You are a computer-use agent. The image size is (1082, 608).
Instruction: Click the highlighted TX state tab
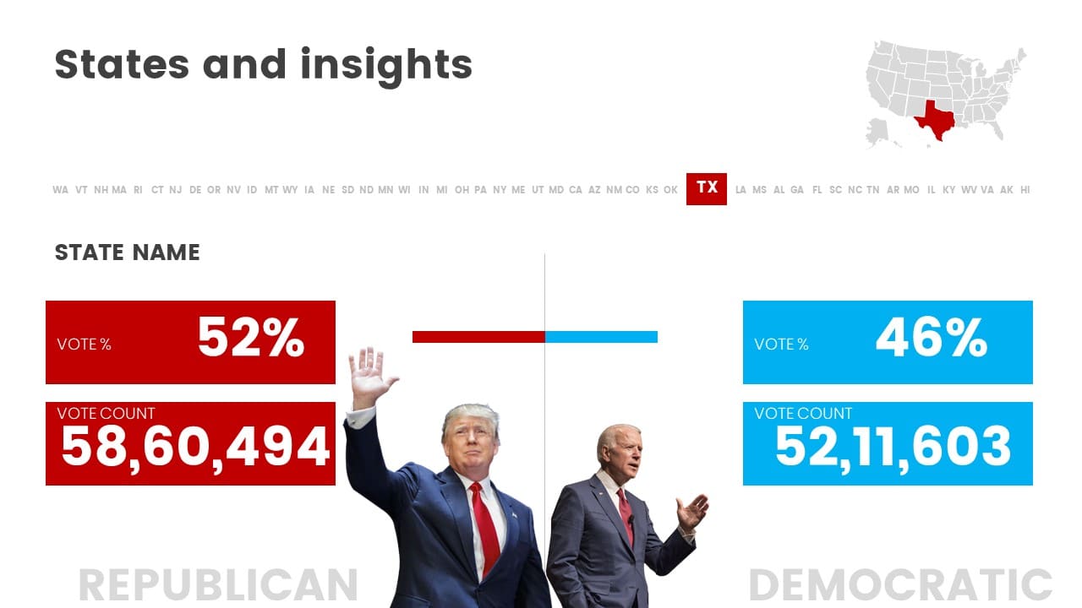pyautogui.click(x=706, y=188)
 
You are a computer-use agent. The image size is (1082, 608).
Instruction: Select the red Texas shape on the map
pyautogui.click(x=935, y=121)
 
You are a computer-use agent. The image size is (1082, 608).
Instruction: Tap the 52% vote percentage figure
pyautogui.click(x=251, y=337)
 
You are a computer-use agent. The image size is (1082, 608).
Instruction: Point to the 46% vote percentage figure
pyautogui.click(x=932, y=337)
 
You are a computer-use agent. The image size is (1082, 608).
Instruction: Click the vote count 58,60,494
pyautogui.click(x=195, y=448)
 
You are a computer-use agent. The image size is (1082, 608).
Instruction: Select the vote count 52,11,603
pyautogui.click(x=893, y=448)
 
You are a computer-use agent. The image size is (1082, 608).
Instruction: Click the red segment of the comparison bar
pyautogui.click(x=478, y=337)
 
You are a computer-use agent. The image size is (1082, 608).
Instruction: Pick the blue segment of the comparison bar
pyautogui.click(x=601, y=337)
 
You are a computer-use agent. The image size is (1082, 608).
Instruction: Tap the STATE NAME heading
pyautogui.click(x=127, y=252)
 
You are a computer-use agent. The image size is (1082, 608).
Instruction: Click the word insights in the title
pyautogui.click(x=386, y=66)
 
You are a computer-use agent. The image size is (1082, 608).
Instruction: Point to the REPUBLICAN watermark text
pyautogui.click(x=218, y=585)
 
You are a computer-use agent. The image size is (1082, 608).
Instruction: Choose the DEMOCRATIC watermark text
pyautogui.click(x=900, y=585)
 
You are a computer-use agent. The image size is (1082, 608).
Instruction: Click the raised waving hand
pyautogui.click(x=371, y=377)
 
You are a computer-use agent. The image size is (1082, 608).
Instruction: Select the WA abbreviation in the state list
pyautogui.click(x=60, y=190)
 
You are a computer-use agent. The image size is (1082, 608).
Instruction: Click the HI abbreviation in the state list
pyautogui.click(x=1025, y=190)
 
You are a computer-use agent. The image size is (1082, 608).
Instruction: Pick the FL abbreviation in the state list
pyautogui.click(x=817, y=190)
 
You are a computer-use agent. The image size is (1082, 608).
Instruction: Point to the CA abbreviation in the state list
pyautogui.click(x=576, y=190)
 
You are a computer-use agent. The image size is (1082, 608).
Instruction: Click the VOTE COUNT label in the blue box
pyautogui.click(x=803, y=414)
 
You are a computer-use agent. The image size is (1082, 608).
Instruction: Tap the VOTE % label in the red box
pyautogui.click(x=84, y=345)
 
